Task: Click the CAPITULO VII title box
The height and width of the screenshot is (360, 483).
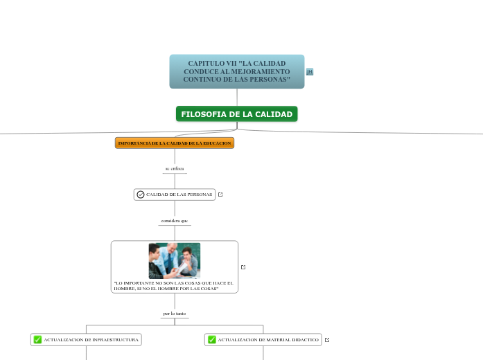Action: [x=236, y=71]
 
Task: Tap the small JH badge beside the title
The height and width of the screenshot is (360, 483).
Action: [x=310, y=72]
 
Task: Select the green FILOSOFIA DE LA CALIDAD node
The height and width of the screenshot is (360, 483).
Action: [x=236, y=114]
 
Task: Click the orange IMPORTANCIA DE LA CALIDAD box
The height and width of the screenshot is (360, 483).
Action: [x=175, y=143]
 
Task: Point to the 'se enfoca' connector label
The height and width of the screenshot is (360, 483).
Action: [x=175, y=168]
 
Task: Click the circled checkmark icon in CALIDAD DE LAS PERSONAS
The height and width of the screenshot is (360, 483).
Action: [x=141, y=195]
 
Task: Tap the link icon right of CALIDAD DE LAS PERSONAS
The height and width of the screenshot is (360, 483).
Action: [x=220, y=195]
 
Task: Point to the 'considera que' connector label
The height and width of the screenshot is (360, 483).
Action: [x=175, y=220]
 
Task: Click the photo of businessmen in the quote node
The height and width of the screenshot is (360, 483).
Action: [x=175, y=260]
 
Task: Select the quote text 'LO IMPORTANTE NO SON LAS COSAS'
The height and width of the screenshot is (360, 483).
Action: [x=173, y=285]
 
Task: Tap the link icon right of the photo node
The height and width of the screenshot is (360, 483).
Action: [x=243, y=267]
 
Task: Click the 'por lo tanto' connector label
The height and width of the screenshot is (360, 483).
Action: [x=175, y=313]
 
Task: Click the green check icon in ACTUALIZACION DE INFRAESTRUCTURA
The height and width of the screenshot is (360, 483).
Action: [x=37, y=339]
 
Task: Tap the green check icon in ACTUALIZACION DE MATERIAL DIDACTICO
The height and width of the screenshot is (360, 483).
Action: [x=211, y=339]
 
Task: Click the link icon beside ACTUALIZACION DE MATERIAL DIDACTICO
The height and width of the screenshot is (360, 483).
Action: [x=327, y=339]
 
